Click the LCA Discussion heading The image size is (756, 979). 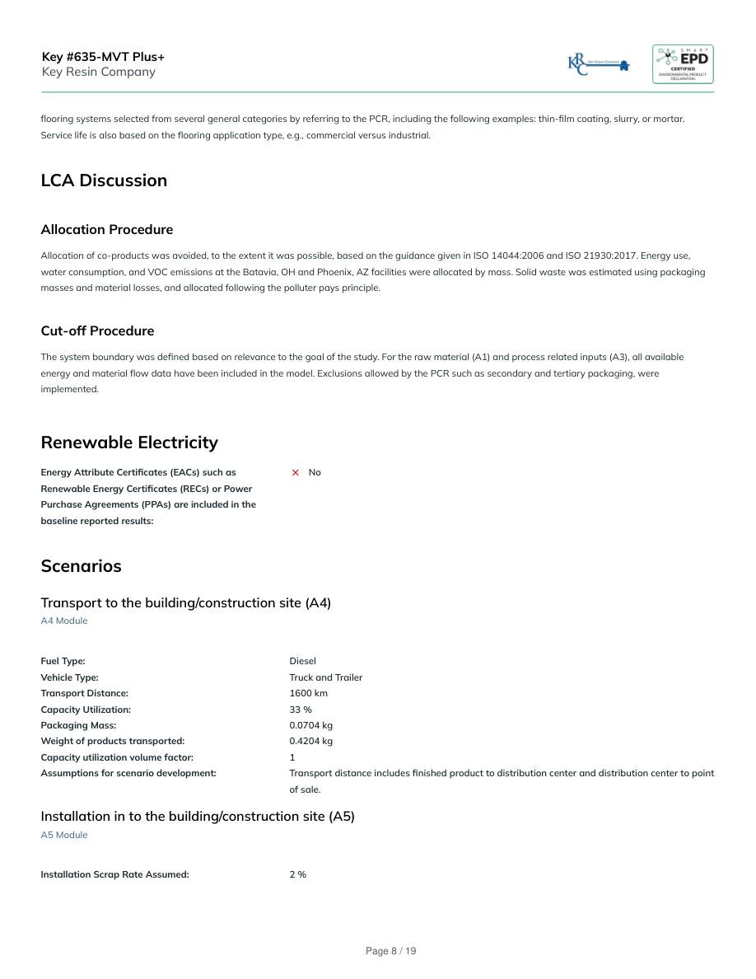click(x=104, y=180)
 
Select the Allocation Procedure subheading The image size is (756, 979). click(x=106, y=229)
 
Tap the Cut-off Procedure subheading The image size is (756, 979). click(x=97, y=330)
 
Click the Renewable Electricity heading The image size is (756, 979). click(x=129, y=443)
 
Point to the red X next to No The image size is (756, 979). click(x=296, y=472)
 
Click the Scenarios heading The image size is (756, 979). click(x=81, y=566)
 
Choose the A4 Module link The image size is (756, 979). click(x=63, y=621)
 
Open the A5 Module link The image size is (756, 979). click(x=63, y=835)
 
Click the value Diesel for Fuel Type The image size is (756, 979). click(x=302, y=661)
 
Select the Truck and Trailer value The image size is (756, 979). click(x=325, y=677)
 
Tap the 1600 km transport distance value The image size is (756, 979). click(x=308, y=693)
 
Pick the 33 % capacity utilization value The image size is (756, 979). click(x=300, y=709)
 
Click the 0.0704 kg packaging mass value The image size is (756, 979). click(x=310, y=725)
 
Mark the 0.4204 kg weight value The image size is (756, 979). click(x=310, y=741)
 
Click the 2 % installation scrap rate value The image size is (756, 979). click(x=297, y=874)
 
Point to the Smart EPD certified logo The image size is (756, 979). click(x=683, y=64)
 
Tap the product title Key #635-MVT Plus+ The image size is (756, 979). click(x=103, y=57)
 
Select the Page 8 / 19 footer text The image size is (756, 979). click(x=390, y=951)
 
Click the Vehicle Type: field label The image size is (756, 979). click(x=69, y=677)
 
